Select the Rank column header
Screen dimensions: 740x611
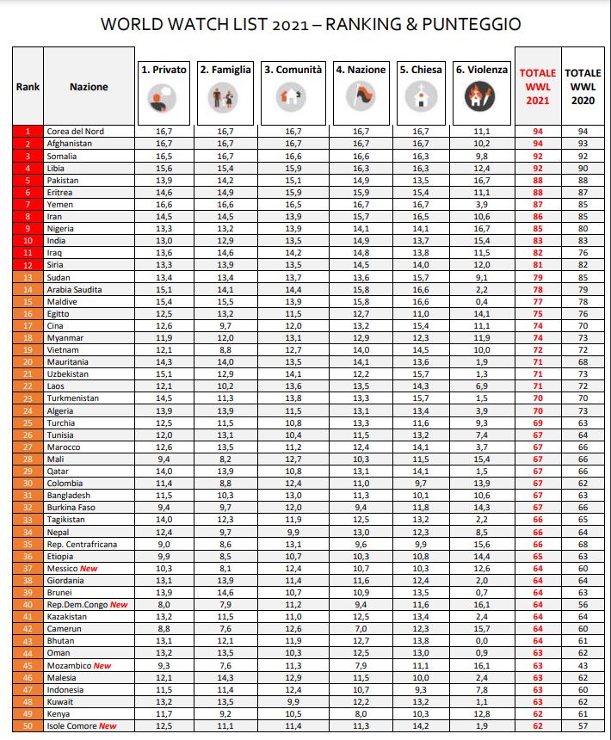coord(28,87)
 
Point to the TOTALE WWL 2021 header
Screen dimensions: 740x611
coord(538,87)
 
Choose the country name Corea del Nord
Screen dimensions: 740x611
coord(76,131)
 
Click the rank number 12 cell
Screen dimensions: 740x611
coord(28,265)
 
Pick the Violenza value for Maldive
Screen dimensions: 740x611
coord(482,302)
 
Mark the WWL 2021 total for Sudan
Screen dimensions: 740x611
coord(538,277)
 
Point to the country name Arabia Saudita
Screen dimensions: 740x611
coord(74,290)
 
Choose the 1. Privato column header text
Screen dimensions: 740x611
coord(164,70)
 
